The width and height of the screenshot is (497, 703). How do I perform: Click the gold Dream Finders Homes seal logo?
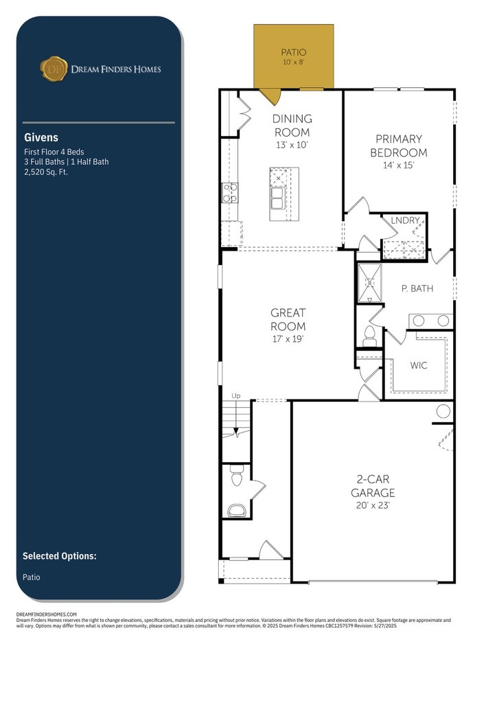(54, 69)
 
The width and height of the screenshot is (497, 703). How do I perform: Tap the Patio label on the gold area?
(294, 52)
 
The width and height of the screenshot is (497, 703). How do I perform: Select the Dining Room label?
(292, 126)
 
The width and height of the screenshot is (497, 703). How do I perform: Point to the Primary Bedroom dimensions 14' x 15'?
(398, 165)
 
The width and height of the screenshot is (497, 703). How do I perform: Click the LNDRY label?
(405, 220)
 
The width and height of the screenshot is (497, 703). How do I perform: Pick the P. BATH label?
(417, 288)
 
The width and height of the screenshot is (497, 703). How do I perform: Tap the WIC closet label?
(419, 365)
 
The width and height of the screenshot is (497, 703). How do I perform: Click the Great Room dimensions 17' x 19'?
(288, 339)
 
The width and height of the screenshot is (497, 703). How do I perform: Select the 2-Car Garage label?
(373, 486)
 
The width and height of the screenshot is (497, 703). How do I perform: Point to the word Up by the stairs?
(235, 395)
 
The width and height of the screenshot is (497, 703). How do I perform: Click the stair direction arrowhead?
(236, 431)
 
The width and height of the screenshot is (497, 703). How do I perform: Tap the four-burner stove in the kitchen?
(230, 193)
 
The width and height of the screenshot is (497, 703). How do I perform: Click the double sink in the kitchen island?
(277, 198)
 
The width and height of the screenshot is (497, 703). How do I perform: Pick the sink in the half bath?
(237, 511)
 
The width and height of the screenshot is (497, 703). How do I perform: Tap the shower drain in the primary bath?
(369, 282)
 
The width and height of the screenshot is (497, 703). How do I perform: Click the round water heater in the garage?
(443, 411)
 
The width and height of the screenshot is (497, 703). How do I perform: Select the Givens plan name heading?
(41, 137)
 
